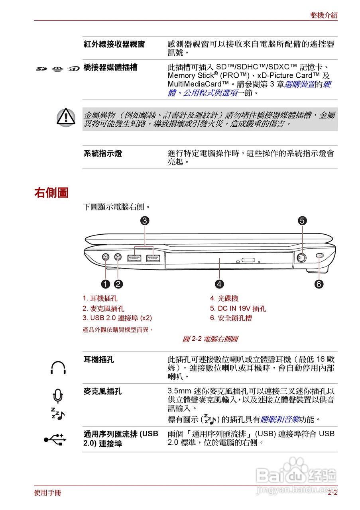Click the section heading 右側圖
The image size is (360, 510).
51,193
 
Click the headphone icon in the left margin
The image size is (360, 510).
58,367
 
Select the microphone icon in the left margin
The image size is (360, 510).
58,396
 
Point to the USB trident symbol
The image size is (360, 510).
55,439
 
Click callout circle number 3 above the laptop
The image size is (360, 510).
145,220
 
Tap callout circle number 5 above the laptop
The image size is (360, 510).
302,220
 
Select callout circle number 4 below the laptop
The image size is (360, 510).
219,284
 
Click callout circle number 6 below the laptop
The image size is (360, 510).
319,284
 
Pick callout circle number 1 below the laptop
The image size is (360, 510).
105,284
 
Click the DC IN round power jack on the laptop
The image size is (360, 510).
302,257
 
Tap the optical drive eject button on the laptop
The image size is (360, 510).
248,261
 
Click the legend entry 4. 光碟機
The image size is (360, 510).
224,298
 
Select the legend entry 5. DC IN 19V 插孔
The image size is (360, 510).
238,308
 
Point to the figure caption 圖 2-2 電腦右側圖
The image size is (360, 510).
210,339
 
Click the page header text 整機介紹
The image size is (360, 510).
324,16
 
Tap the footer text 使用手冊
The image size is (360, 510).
47,493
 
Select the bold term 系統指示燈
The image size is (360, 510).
103,153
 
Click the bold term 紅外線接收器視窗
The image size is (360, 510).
114,44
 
